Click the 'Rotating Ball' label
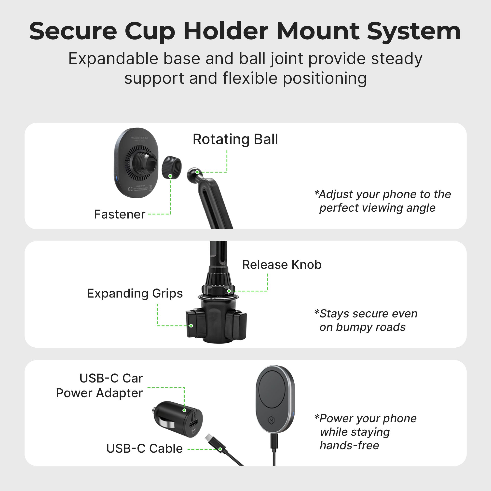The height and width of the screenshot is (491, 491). pyautogui.click(x=235, y=139)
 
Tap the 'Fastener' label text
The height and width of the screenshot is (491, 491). pyautogui.click(x=120, y=214)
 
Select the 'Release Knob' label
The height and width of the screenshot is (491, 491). pyautogui.click(x=282, y=265)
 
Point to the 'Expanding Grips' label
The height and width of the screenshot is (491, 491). pyautogui.click(x=135, y=293)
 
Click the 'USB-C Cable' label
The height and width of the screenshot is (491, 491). pyautogui.click(x=144, y=448)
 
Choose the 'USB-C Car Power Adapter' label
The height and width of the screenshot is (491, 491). pyautogui.click(x=99, y=385)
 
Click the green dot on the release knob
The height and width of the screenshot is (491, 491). pyautogui.click(x=229, y=291)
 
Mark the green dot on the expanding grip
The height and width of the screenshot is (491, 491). pyautogui.click(x=191, y=326)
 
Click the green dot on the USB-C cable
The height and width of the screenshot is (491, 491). pyautogui.click(x=220, y=449)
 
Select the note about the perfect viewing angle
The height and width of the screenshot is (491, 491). pyautogui.click(x=382, y=201)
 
